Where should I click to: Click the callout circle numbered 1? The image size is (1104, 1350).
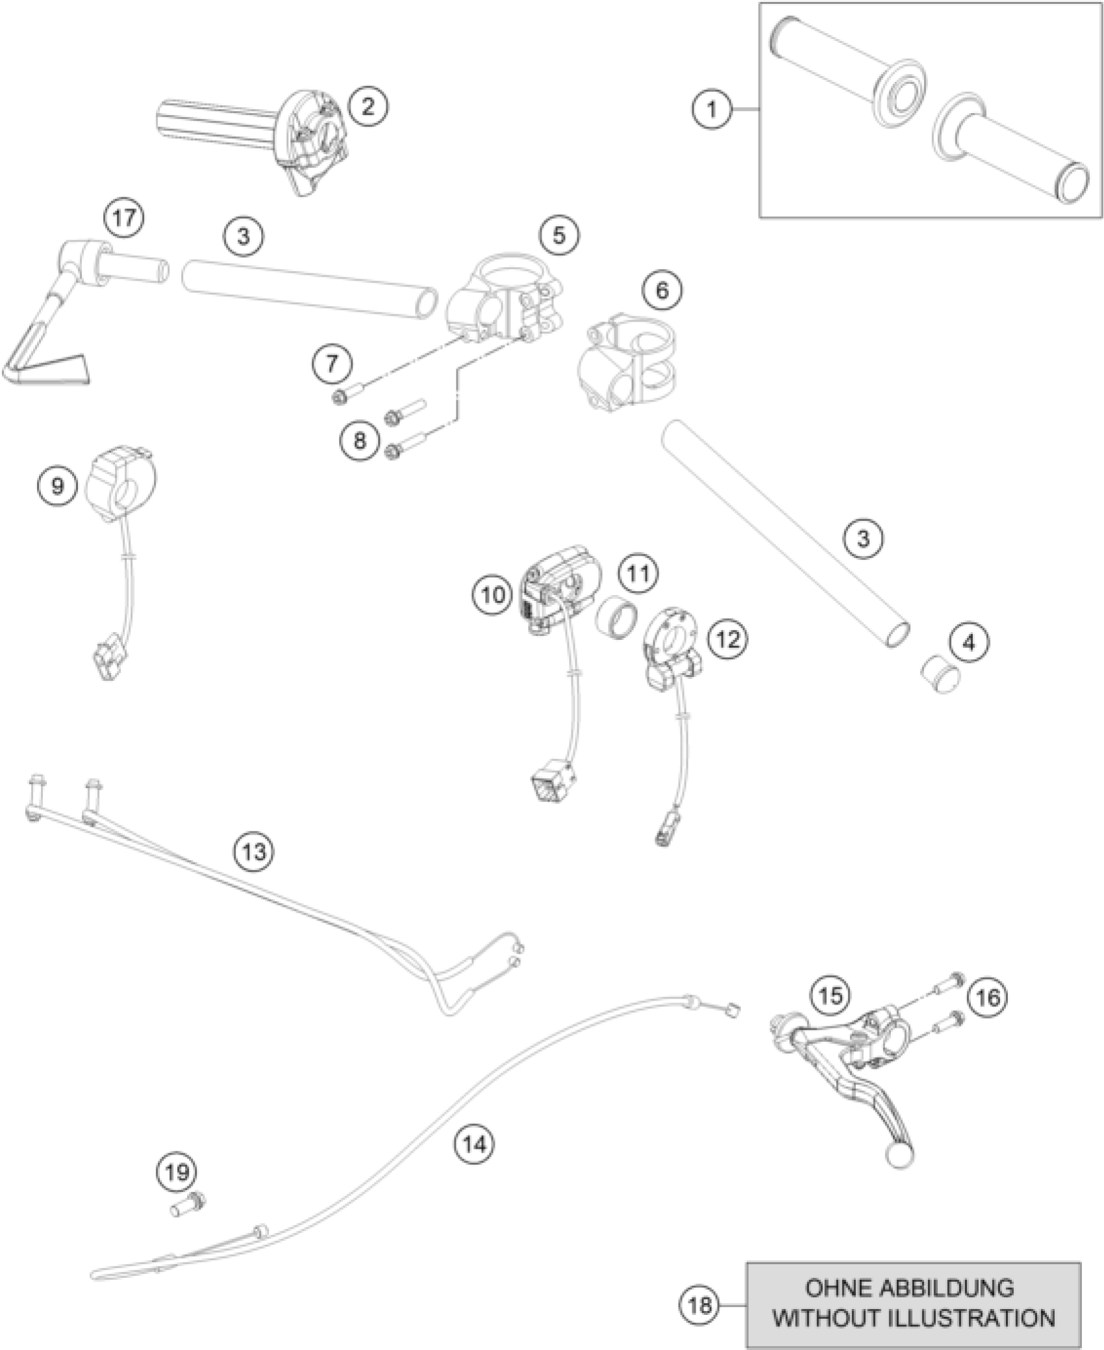pos(712,110)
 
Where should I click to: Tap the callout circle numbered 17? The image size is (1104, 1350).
pos(125,218)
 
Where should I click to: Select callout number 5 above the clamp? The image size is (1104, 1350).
pos(559,236)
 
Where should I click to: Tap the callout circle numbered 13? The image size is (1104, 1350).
pos(255,851)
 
